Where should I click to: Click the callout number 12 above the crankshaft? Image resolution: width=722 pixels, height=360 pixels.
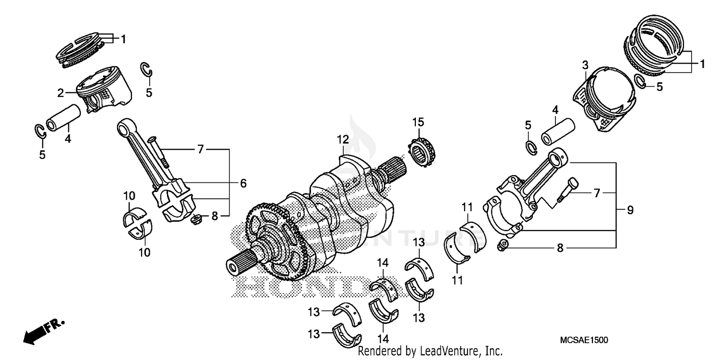click(342, 140)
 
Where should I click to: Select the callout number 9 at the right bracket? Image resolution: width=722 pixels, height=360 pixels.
click(630, 210)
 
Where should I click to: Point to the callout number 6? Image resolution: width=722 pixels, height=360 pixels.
click(243, 183)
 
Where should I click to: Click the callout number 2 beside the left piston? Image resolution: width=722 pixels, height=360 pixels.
click(61, 93)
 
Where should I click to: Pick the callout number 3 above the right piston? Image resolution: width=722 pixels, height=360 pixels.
click(585, 64)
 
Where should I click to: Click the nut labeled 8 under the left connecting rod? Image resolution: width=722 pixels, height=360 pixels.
click(196, 220)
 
